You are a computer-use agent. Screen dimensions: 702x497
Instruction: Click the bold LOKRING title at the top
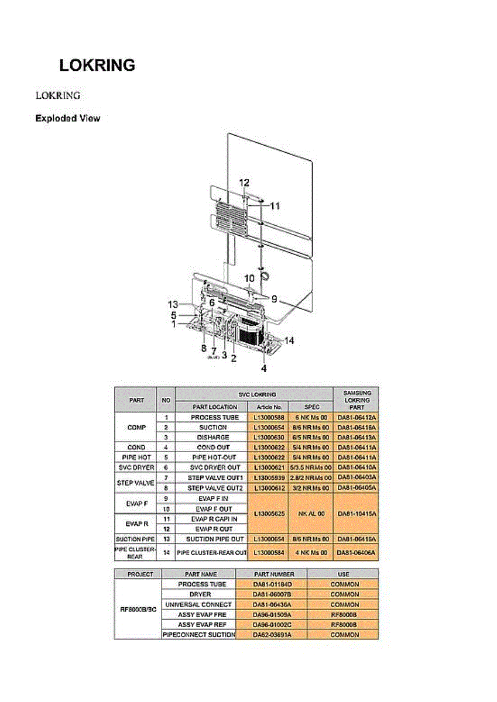(97, 66)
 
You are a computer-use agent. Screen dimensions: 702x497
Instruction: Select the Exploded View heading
(67, 119)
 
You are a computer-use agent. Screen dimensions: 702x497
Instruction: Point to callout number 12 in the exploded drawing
(244, 183)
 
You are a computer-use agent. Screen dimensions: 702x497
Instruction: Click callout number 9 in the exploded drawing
(274, 298)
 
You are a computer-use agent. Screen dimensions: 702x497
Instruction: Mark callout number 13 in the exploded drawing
(173, 304)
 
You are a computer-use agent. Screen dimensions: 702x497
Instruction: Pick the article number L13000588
(269, 418)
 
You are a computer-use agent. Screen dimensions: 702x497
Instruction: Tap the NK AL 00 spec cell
(312, 513)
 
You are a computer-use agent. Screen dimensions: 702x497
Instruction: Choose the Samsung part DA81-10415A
(356, 513)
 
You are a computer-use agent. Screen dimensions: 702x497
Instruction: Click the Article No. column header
(269, 407)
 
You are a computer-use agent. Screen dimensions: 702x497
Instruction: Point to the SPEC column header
(312, 407)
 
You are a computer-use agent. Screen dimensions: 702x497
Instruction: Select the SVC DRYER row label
(136, 467)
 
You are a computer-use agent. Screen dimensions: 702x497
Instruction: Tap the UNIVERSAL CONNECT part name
(198, 604)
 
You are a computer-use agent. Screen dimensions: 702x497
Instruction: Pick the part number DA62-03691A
(272, 635)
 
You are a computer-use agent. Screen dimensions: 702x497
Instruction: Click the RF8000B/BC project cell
(138, 609)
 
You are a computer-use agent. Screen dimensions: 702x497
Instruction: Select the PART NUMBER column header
(272, 574)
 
